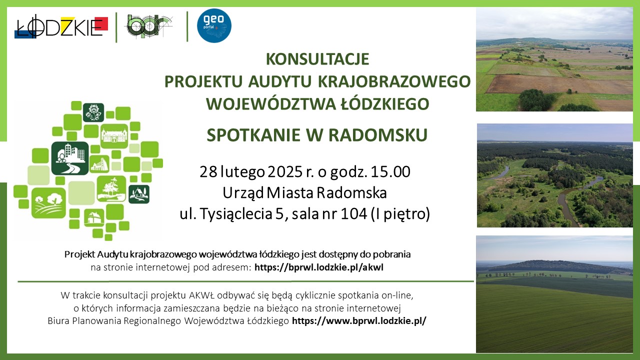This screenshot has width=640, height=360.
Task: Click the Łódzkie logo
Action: pos(61,26)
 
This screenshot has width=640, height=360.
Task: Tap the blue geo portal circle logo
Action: pos(214,25)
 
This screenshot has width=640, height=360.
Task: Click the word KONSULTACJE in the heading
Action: pos(317,59)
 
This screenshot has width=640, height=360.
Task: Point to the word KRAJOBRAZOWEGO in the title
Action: pos(394,81)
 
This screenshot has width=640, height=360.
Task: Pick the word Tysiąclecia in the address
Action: pos(235,214)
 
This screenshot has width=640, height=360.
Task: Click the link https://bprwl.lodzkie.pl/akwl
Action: pos(319,267)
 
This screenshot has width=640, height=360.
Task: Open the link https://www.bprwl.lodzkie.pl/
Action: pos(359,321)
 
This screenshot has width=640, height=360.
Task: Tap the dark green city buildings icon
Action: pos(70,158)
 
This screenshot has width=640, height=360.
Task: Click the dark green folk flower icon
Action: pos(93,112)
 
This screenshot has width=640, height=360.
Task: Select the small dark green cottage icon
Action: pos(139,194)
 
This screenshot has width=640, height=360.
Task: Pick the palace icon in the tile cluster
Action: pos(114,136)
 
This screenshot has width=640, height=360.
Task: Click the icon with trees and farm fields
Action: pos(48,203)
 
